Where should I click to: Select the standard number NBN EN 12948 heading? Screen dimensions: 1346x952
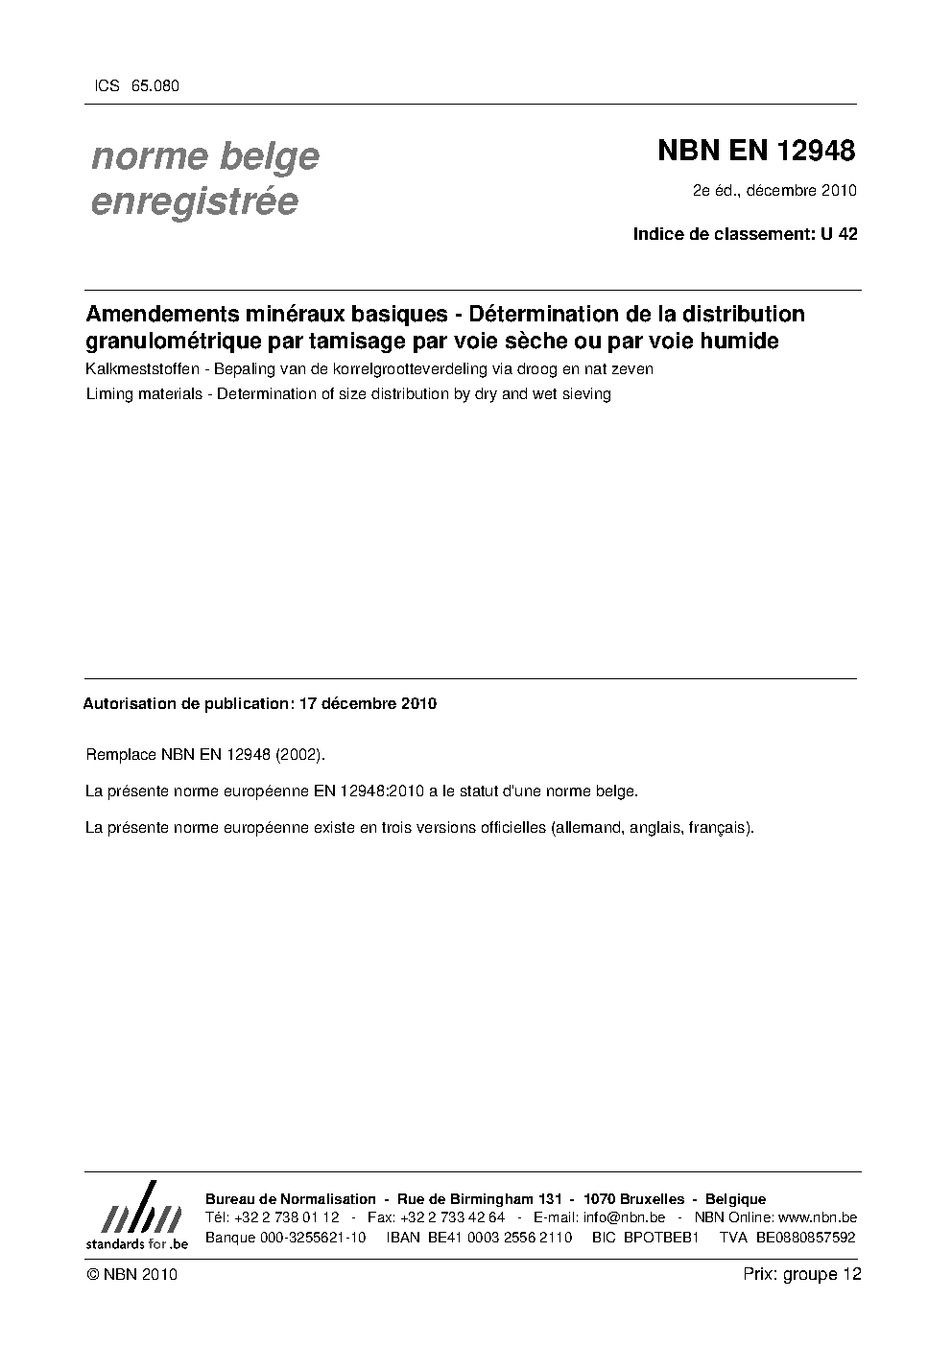755,151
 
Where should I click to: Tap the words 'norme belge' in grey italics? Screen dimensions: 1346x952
204,155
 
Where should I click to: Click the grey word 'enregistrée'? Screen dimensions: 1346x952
194,201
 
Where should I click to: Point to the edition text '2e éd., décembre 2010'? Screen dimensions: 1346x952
774,190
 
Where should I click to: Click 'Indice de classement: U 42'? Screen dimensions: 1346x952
745,233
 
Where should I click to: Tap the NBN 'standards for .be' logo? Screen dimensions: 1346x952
136,1216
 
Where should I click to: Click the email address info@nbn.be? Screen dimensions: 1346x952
623,1217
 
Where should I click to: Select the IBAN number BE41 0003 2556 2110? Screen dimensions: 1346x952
479,1237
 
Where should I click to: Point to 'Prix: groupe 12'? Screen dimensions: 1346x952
801,1274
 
